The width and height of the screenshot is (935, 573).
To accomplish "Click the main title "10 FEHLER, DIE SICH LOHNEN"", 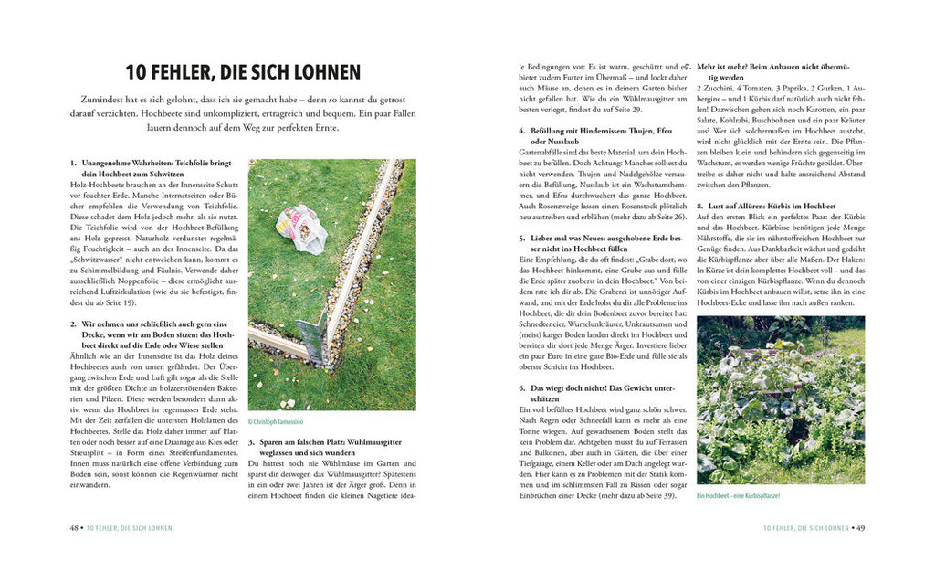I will click(242, 71).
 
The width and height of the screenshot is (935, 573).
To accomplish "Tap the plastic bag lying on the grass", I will click(300, 228).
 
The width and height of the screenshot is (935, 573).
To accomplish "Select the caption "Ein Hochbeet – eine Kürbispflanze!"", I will click(738, 495).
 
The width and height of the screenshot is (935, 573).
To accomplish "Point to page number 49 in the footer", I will click(859, 528).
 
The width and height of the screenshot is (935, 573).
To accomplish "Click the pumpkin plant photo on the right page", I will click(780, 399).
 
